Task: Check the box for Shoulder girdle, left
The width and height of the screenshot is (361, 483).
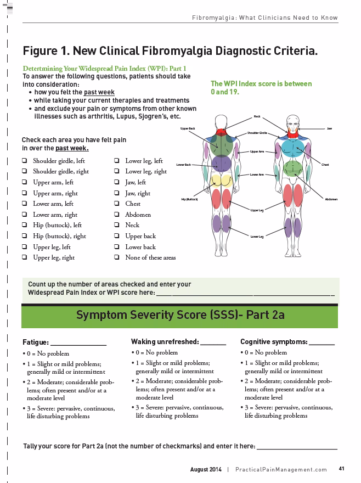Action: coord(25,161)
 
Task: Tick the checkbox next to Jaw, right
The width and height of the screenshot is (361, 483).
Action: coord(117,193)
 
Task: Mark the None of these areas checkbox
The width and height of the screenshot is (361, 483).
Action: coord(117,257)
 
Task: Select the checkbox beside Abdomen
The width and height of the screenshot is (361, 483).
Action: coord(117,215)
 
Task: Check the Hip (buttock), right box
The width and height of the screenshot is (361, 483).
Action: coord(25,236)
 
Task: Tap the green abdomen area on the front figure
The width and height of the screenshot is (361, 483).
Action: coord(294,167)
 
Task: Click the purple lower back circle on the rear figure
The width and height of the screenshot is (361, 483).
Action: coord(222,163)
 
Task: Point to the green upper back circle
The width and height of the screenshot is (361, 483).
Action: coord(222,144)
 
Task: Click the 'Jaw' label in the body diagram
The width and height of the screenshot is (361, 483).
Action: coord(329,128)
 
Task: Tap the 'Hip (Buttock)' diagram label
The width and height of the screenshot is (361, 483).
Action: coord(190,199)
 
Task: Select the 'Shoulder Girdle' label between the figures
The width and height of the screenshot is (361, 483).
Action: coord(257,133)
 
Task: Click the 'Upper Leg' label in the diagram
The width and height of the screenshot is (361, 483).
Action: coord(257,210)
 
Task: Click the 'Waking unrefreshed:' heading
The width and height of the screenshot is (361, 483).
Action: coord(165,341)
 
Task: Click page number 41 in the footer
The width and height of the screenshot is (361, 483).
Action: coord(341,469)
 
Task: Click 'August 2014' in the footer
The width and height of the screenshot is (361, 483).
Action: coord(206,469)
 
